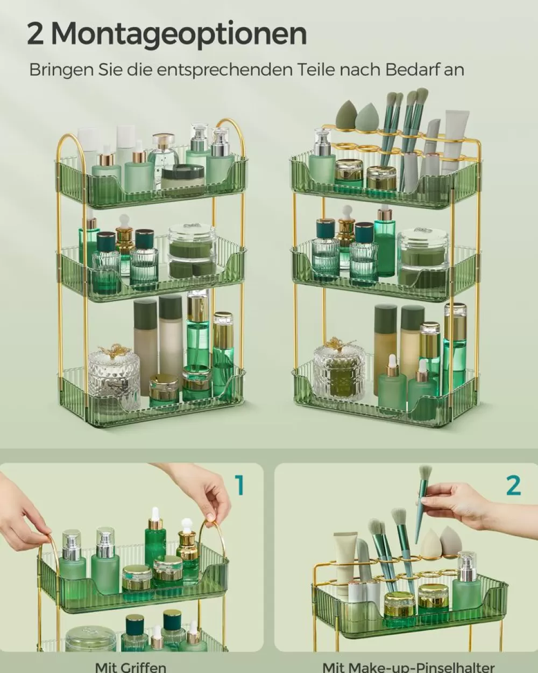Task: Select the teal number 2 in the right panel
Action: (513, 485)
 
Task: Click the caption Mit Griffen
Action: (131, 667)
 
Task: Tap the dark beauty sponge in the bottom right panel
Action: (451, 542)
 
